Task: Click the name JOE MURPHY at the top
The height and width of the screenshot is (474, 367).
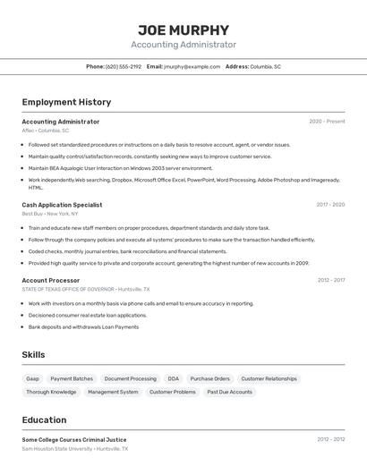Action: click(183, 30)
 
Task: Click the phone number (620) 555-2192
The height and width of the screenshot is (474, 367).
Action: click(124, 66)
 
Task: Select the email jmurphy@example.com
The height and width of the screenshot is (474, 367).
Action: click(192, 66)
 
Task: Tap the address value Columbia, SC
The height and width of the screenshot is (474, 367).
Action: click(265, 66)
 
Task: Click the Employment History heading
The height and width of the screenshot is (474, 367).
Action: click(66, 102)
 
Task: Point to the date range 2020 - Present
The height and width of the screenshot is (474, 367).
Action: click(327, 122)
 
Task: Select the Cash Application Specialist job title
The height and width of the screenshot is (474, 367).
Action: click(62, 205)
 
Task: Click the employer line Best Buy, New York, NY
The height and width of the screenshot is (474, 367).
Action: click(49, 214)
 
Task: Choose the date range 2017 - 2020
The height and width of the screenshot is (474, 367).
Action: click(330, 205)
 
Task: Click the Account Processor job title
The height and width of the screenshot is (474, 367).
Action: click(51, 280)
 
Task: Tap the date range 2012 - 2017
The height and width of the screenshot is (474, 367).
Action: click(330, 280)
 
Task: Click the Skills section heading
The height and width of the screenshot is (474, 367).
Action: click(33, 355)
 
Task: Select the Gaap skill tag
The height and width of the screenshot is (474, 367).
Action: click(33, 378)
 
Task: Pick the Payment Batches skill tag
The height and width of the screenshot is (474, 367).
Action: click(72, 378)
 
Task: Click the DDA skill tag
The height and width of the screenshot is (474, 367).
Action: click(173, 378)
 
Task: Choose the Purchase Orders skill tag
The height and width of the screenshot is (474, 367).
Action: click(209, 378)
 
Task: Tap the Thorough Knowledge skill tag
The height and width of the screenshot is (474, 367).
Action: click(51, 392)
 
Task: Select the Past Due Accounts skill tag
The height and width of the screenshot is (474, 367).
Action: click(229, 392)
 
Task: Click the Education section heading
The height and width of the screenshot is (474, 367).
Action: click(44, 419)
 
